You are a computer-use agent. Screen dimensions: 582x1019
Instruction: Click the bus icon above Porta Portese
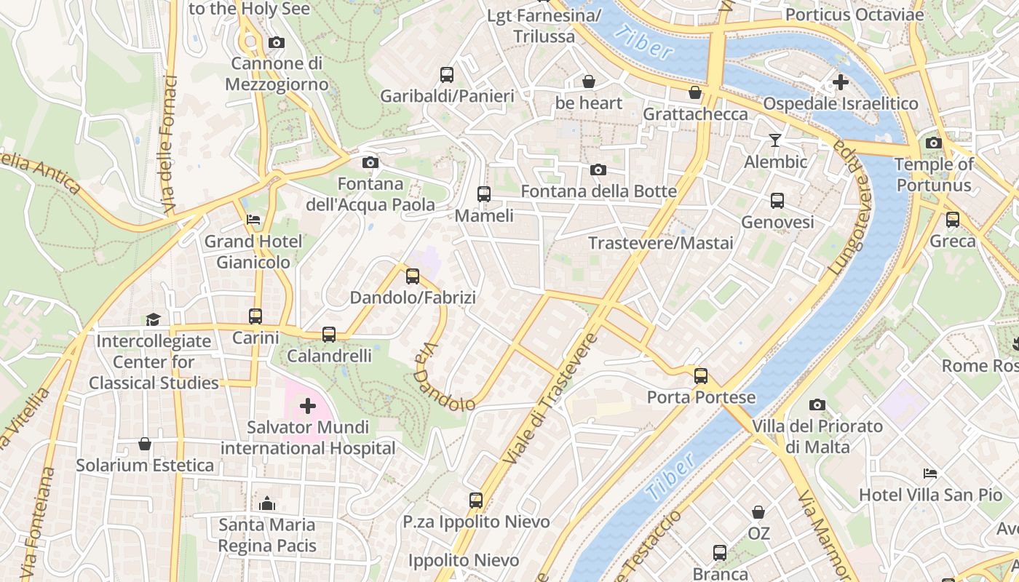point(701,376)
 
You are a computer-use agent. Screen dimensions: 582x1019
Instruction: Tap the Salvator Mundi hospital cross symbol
point(308,405)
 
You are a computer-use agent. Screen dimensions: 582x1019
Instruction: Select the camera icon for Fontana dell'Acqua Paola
point(370,162)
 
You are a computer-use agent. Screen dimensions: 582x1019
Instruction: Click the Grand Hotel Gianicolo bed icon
point(253,219)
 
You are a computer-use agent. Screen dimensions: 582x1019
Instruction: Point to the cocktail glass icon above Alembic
point(775,140)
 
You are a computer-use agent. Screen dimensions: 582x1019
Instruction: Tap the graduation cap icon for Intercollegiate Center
point(153,319)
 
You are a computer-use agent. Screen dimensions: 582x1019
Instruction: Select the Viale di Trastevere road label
point(550,399)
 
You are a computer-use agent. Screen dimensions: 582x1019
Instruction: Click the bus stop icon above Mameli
point(484,194)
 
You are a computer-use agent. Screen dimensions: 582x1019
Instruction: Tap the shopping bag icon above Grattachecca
point(695,92)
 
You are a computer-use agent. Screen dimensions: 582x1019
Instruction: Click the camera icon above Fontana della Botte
point(598,170)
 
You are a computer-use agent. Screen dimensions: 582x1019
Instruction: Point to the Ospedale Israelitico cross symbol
point(841,82)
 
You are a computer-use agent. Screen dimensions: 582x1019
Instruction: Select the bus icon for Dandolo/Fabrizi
point(413,276)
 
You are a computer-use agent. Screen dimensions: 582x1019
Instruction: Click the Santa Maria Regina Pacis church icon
point(267,503)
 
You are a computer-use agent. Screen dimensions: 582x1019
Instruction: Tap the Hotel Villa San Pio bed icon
point(930,474)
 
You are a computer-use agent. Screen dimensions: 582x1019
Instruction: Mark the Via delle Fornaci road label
point(170,145)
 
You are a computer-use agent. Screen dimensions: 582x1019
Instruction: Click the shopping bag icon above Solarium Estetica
point(145,444)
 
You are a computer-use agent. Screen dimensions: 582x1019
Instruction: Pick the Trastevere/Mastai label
point(660,243)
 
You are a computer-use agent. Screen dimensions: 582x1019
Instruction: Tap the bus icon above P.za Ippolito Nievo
point(476,501)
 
